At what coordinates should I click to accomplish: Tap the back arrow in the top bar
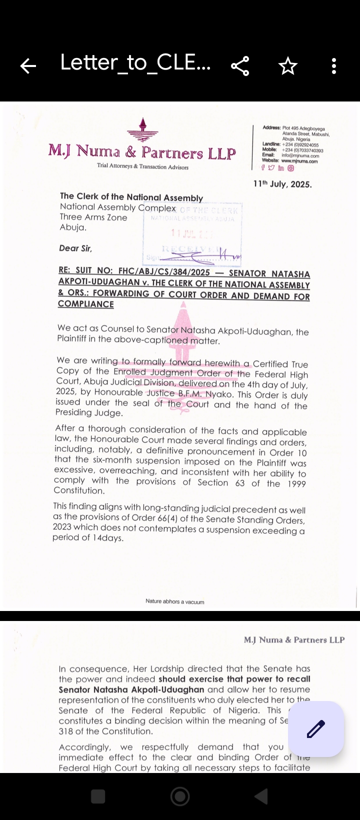[x=28, y=65]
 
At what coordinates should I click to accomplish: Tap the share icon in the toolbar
[x=240, y=66]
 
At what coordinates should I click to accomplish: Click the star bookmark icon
[x=288, y=66]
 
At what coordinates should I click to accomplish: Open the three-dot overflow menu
[x=334, y=66]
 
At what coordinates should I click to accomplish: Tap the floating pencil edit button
[x=316, y=728]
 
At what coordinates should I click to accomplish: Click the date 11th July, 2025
[x=282, y=184]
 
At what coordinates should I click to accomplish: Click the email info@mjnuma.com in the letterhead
[x=300, y=156]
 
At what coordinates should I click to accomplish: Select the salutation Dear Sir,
[x=76, y=248]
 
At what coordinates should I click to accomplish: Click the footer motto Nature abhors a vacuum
[x=175, y=601]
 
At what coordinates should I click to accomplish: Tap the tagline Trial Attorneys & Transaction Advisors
[x=143, y=167]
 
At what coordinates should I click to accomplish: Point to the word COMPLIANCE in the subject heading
[x=86, y=304]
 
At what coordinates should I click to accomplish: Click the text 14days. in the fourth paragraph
[x=108, y=538]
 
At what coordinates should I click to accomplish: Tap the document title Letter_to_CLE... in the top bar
[x=135, y=62]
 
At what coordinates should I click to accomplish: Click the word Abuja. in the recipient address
[x=73, y=227]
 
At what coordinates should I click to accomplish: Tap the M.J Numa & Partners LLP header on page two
[x=294, y=639]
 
